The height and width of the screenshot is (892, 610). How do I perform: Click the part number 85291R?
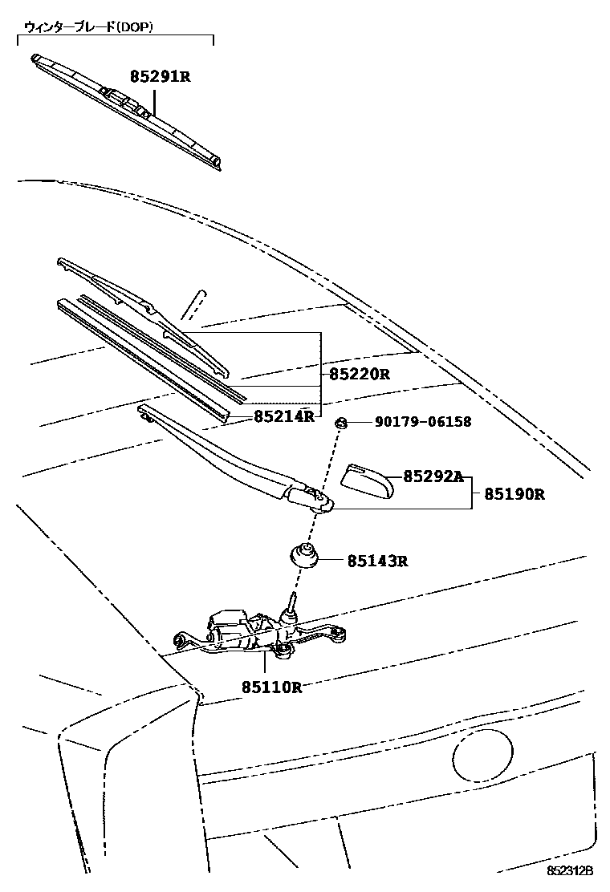coord(160,78)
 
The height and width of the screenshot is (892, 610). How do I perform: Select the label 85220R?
coord(359,374)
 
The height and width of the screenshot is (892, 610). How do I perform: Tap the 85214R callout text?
coord(283,416)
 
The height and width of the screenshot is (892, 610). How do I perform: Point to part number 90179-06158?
coord(422,422)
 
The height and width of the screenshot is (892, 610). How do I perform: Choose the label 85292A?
coord(433,476)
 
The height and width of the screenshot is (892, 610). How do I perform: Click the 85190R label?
coord(514,494)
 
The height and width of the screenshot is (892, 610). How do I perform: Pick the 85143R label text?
coord(377,561)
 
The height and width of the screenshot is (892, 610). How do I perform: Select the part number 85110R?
coord(271,687)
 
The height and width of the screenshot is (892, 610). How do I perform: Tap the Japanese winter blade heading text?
coord(88,26)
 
